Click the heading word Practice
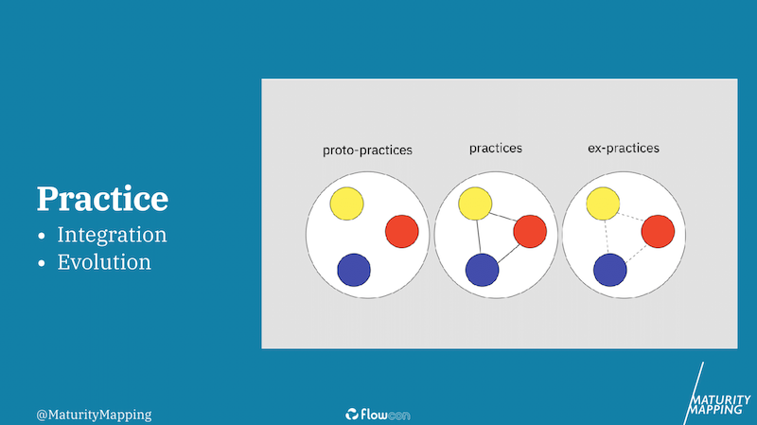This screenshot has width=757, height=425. point(102,199)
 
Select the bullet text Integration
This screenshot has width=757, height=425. point(112,235)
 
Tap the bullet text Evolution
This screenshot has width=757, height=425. point(104,262)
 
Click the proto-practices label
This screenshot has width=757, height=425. point(367,151)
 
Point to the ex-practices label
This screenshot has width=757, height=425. point(624,148)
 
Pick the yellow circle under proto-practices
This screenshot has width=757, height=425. point(346,204)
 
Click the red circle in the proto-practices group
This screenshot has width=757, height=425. point(401,231)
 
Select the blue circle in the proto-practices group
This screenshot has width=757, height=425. point(354,270)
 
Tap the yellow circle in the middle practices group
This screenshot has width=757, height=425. point(475,204)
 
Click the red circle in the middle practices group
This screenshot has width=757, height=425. point(530,231)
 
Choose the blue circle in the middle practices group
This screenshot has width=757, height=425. point(482,270)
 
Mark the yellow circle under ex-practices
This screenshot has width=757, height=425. point(603,204)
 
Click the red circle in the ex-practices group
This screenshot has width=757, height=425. point(658,231)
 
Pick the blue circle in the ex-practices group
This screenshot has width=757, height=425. point(609,270)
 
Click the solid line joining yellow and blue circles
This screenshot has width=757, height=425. point(479,237)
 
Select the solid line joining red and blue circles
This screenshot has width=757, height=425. point(508,254)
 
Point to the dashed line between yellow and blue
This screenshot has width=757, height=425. point(607,237)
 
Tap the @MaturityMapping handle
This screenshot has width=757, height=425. point(94,415)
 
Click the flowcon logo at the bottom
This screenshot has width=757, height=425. point(378,415)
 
